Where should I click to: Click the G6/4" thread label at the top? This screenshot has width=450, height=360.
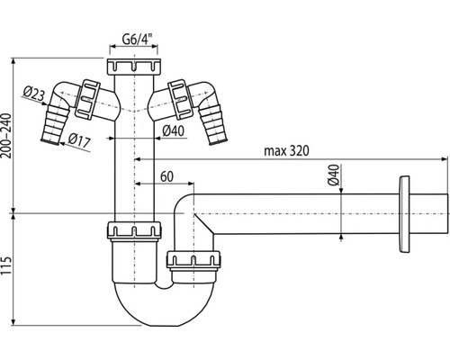click(x=136, y=39)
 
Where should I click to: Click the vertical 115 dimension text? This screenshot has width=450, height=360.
click(x=8, y=266)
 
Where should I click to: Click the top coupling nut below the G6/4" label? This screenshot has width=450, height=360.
click(x=131, y=67)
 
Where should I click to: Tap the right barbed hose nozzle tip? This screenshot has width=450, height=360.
click(x=219, y=136)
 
